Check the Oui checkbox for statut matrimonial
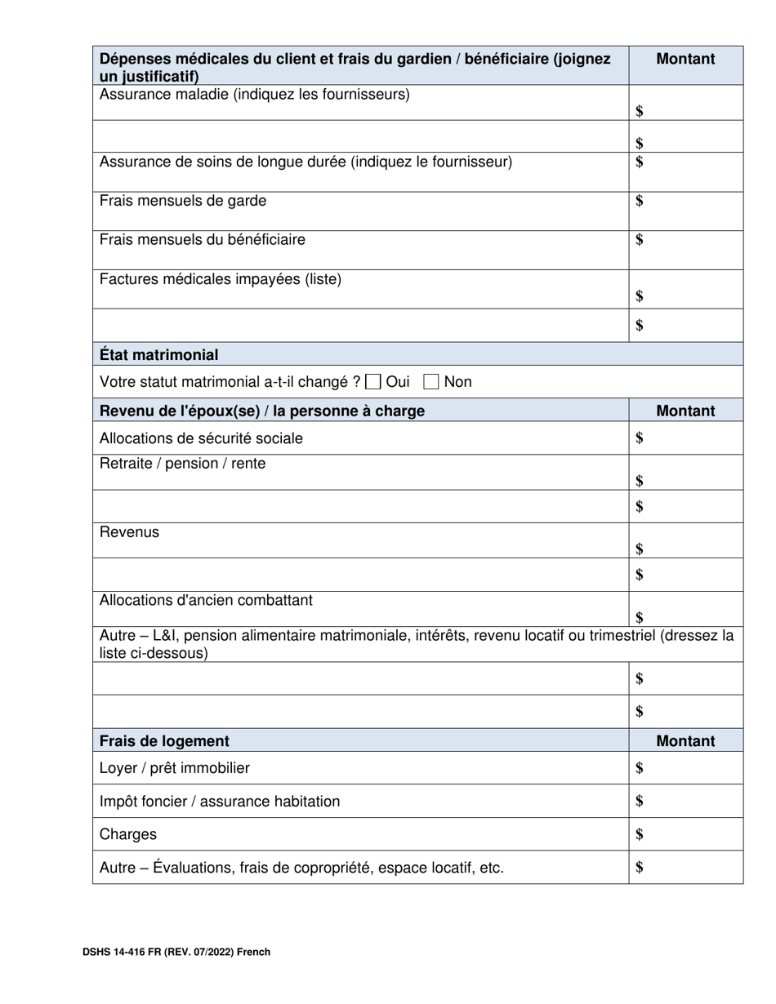coord(374,381)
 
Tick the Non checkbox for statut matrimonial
coord(432,381)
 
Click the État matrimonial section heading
coord(158,355)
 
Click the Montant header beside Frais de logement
coord(685,741)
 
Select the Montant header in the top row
coord(685,59)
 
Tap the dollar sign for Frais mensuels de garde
coord(640,201)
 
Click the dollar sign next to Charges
coord(640,834)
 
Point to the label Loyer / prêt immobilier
coord(175,768)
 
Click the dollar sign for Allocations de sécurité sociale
coord(640,438)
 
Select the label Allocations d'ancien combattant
coord(206,601)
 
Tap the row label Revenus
coord(129,532)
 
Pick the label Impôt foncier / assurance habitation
coord(220,802)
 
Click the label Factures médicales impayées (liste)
coord(221,279)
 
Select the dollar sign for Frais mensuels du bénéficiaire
coord(640,240)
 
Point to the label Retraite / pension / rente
coord(182,464)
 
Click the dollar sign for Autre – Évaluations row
coord(640,868)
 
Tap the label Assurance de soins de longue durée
coord(305,162)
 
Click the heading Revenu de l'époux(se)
coord(261,411)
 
